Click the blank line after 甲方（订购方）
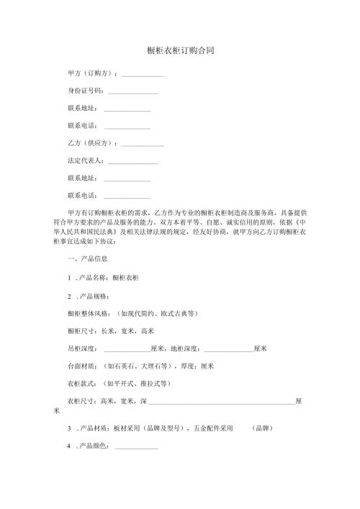pyautogui.click(x=143, y=75)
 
